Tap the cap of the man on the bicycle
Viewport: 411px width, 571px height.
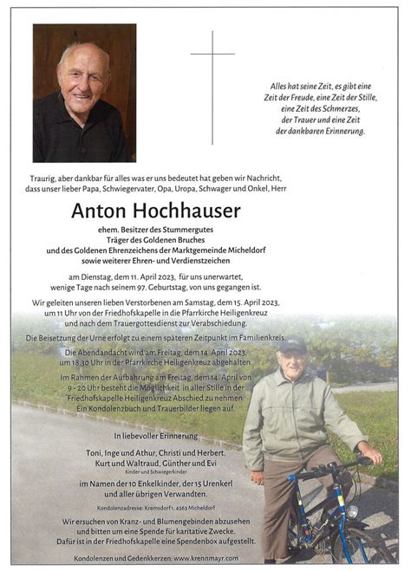tap(292, 344)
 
